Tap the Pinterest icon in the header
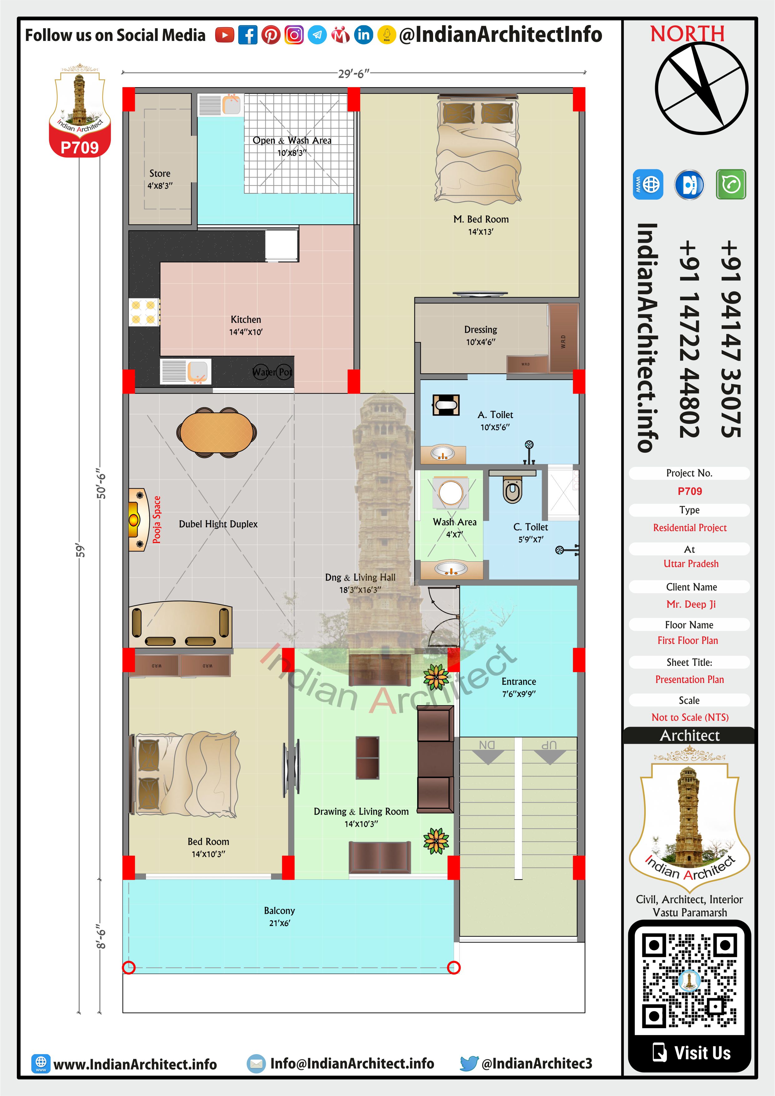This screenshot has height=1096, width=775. tap(271, 35)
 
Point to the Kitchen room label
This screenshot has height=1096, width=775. tap(246, 319)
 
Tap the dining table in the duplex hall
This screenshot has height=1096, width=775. tap(217, 432)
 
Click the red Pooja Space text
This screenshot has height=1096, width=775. tap(156, 519)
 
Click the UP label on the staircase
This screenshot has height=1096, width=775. tap(549, 745)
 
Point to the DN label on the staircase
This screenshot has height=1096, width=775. tap(487, 745)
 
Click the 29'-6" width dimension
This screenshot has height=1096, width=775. tap(353, 73)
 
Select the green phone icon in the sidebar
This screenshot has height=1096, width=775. tap(731, 184)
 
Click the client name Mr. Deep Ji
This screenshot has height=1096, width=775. tap(691, 604)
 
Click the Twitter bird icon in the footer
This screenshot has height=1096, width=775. tap(469, 1063)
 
